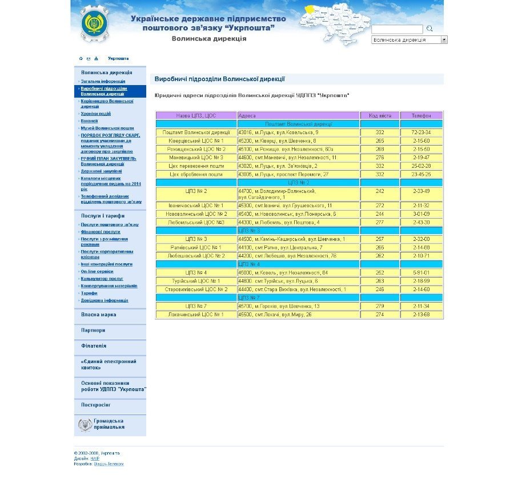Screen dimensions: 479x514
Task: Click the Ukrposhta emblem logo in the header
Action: pyautogui.click(x=94, y=24)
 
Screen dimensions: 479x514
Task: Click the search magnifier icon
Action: pyautogui.click(x=429, y=29)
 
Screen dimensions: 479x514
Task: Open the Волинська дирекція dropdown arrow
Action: pyautogui.click(x=444, y=40)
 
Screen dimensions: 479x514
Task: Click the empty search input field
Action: pyautogui.click(x=397, y=29)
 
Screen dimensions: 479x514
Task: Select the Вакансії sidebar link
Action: pyautogui.click(x=89, y=121)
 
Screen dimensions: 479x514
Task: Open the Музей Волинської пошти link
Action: pyautogui.click(x=107, y=128)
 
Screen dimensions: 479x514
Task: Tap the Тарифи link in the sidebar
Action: pyautogui.click(x=89, y=293)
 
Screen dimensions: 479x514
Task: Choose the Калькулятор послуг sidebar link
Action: pyautogui.click(x=102, y=279)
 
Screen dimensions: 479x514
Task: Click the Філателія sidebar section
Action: pyautogui.click(x=94, y=346)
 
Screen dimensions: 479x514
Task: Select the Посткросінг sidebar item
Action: pyautogui.click(x=95, y=405)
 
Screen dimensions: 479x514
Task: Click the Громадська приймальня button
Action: pyautogui.click(x=109, y=424)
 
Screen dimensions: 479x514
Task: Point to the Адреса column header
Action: pyautogui.click(x=247, y=115)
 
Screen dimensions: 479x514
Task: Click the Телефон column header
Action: pyautogui.click(x=421, y=115)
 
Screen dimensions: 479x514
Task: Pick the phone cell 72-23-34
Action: pyautogui.click(x=421, y=132)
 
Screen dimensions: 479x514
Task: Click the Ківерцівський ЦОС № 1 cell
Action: pyautogui.click(x=196, y=140)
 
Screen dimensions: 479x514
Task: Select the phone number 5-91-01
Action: pyautogui.click(x=421, y=273)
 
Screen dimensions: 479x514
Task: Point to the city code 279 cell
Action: pyautogui.click(x=380, y=307)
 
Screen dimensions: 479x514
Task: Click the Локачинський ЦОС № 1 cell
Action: pyautogui.click(x=196, y=315)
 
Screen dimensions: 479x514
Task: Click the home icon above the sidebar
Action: pyautogui.click(x=81, y=59)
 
